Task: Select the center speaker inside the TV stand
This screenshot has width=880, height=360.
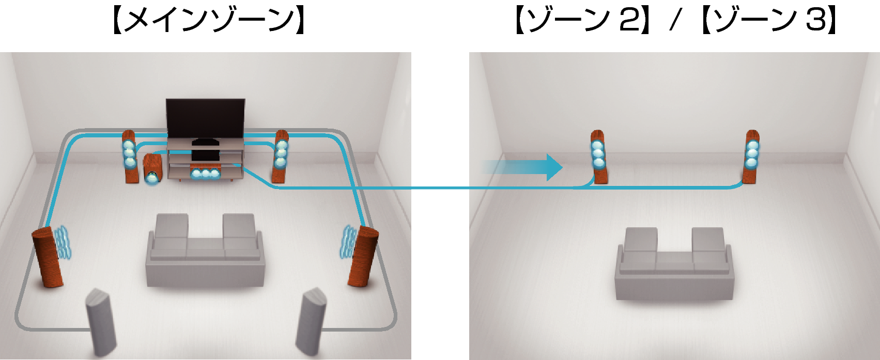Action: [x=205, y=173]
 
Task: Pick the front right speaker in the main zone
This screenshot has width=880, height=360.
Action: [x=281, y=156]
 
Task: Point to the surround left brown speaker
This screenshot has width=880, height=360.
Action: [x=47, y=257]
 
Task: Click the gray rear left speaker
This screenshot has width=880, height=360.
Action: [x=101, y=322]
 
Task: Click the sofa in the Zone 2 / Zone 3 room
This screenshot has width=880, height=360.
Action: [x=674, y=264]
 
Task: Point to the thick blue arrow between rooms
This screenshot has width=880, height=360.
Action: [x=522, y=167]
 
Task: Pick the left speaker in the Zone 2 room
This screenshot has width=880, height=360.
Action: [x=599, y=156]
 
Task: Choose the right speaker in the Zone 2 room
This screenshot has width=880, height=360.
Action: [x=751, y=156]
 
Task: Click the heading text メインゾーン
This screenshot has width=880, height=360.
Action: [x=209, y=21]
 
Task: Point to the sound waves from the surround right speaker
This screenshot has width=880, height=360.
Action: [x=348, y=241]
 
